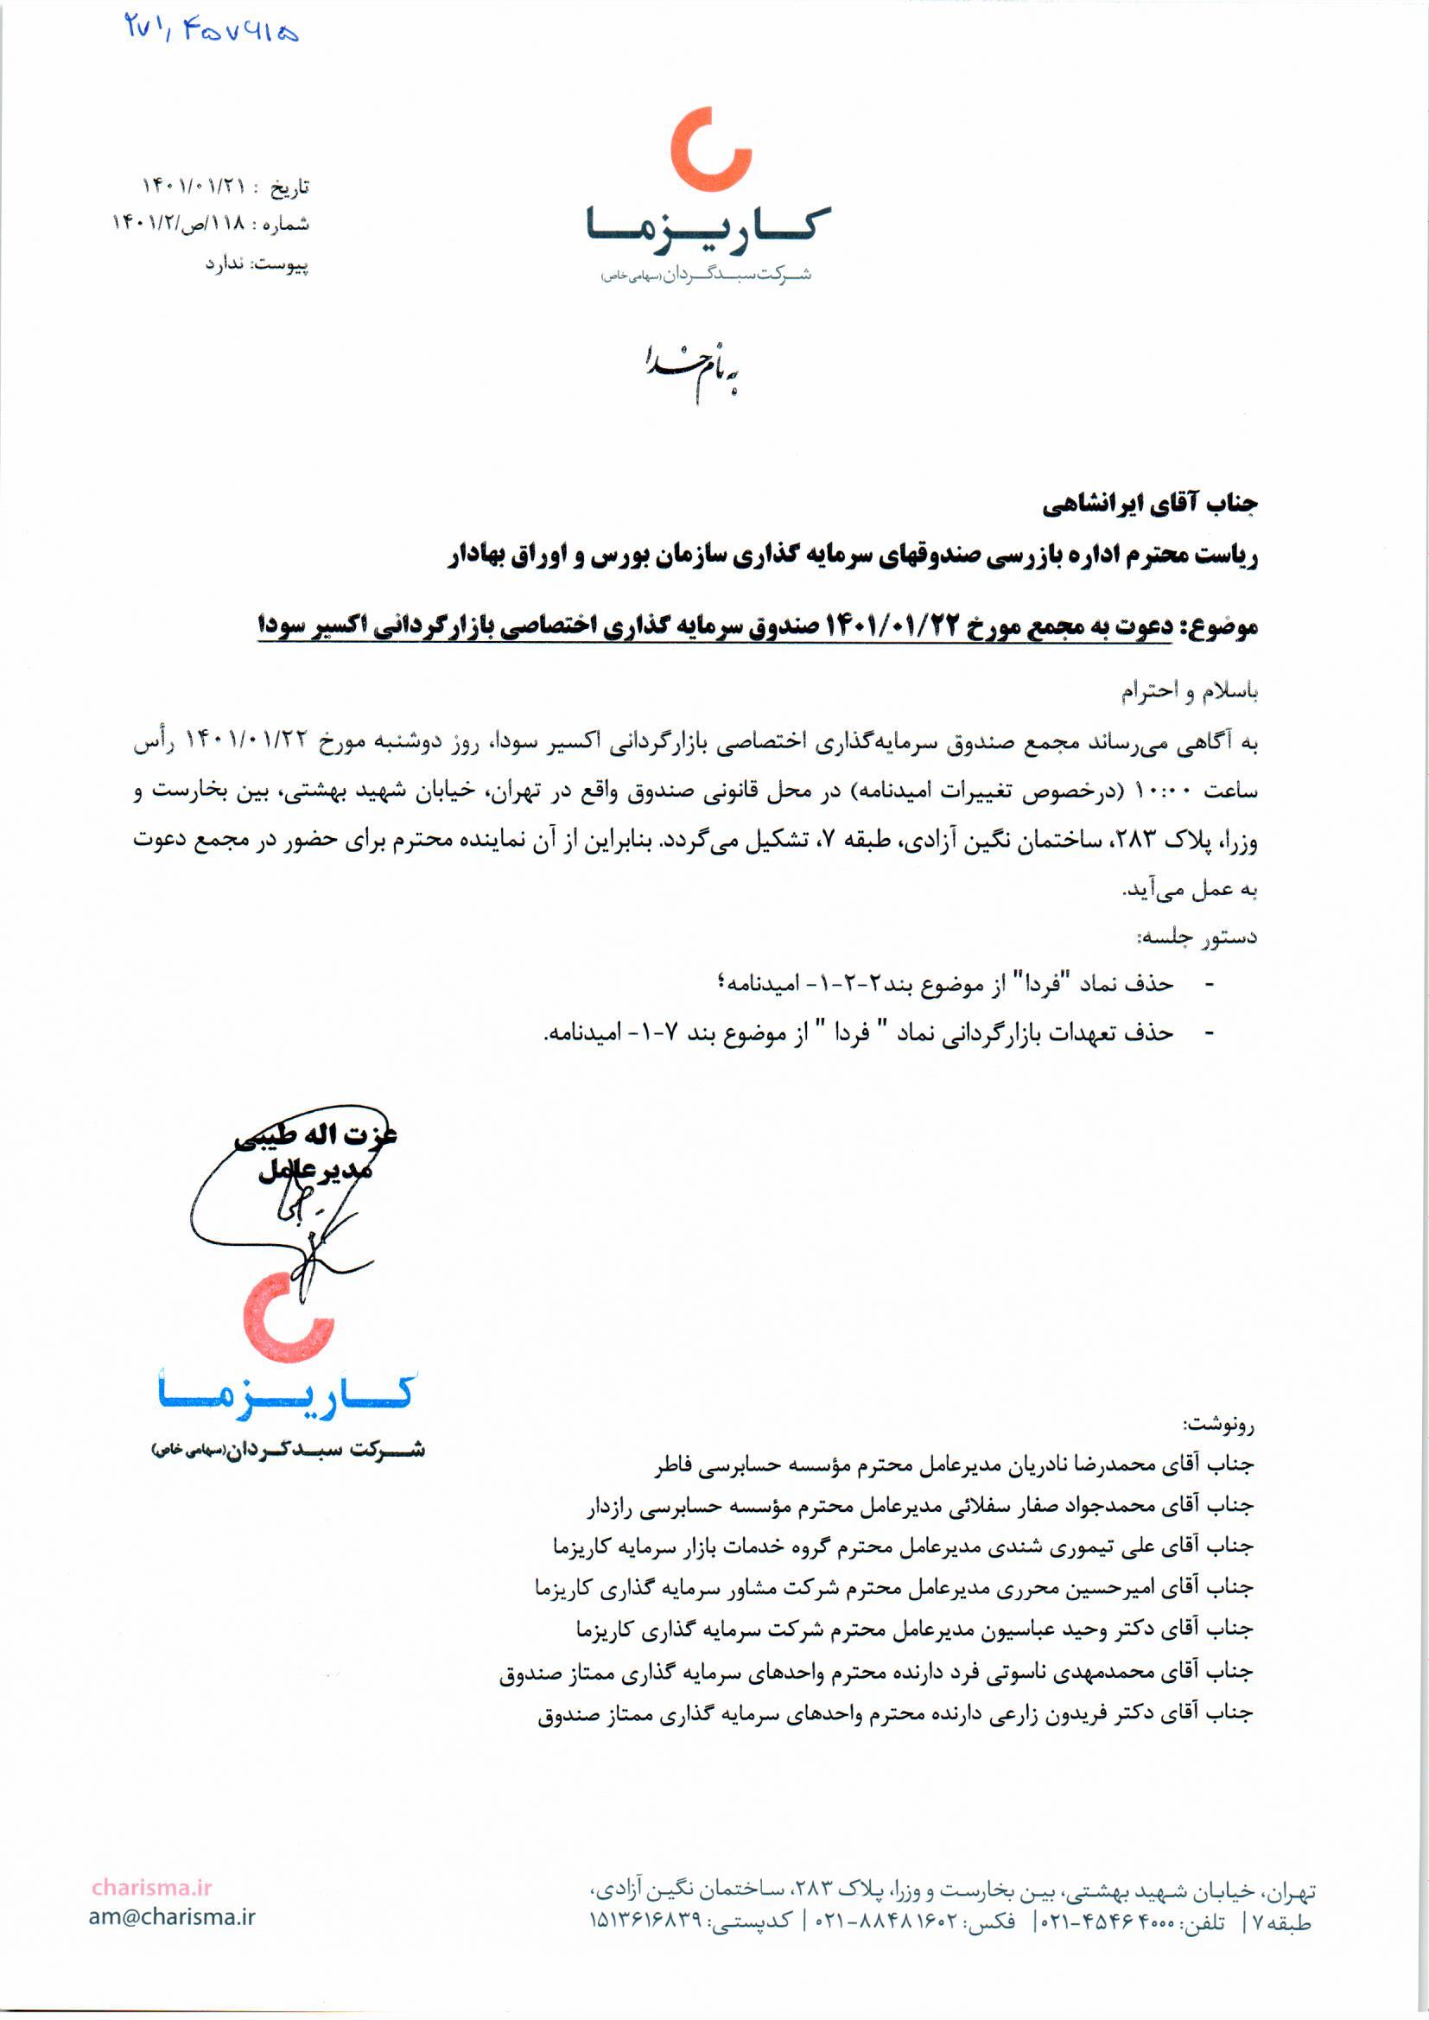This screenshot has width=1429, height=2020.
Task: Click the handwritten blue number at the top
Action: tap(211, 32)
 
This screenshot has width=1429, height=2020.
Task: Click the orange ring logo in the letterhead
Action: tap(710, 149)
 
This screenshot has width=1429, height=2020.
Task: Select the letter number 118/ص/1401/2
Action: tap(180, 225)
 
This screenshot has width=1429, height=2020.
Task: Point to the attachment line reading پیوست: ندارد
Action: tap(257, 263)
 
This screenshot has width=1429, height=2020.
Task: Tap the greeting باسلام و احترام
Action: tap(1189, 693)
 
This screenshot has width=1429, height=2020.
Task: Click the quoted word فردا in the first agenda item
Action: tap(1039, 985)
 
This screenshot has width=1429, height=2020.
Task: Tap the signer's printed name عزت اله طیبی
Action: tap(317, 1136)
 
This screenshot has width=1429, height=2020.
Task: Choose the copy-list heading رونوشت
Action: tap(1220, 1423)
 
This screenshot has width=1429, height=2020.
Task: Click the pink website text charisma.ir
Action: tap(152, 1887)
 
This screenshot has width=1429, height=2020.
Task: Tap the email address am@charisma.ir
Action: tap(172, 1917)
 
